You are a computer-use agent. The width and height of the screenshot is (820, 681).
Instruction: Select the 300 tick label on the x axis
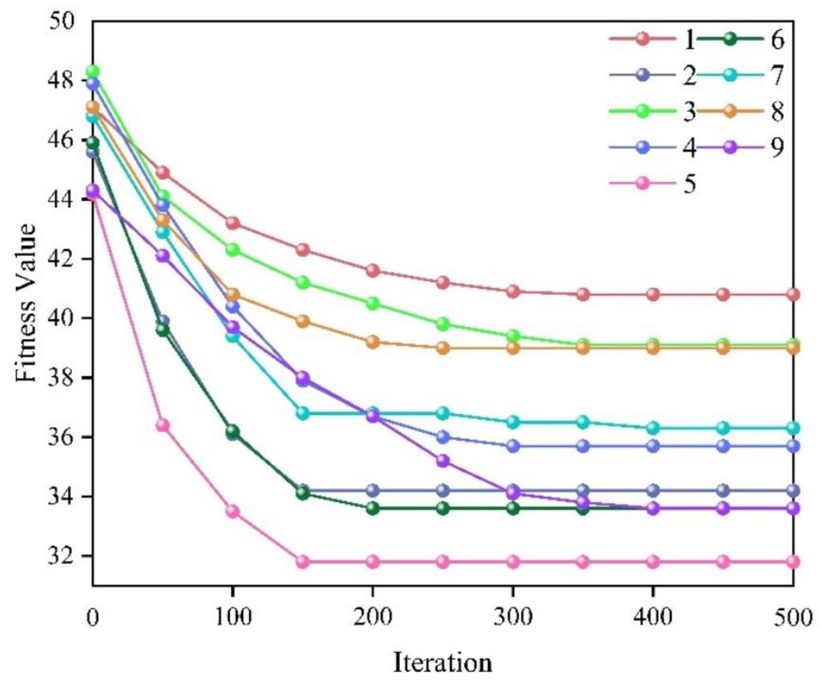click(x=513, y=618)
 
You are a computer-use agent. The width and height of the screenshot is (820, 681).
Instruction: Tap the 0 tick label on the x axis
click(x=92, y=618)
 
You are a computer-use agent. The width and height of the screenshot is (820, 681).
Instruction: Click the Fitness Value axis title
click(x=27, y=302)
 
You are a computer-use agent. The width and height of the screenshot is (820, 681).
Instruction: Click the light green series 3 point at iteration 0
click(x=92, y=72)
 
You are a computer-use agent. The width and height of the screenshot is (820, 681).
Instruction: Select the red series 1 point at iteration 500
click(x=793, y=294)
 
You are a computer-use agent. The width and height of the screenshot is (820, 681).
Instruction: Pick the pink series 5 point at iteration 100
click(x=233, y=511)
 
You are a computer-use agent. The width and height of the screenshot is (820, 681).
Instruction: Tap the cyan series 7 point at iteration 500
click(x=793, y=428)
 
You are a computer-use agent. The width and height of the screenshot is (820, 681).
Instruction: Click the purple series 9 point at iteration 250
click(x=442, y=461)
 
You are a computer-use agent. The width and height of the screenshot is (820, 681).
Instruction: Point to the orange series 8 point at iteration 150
click(x=303, y=321)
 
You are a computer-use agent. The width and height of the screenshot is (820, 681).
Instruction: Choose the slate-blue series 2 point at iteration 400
click(x=653, y=490)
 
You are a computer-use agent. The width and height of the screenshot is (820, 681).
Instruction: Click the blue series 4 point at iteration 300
click(x=513, y=446)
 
